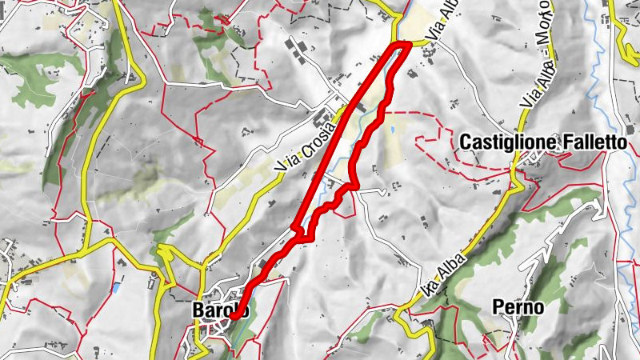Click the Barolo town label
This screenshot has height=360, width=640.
pos(221,310)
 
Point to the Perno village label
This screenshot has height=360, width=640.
pos(518,307)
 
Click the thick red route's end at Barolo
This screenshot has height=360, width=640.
pos(233,317)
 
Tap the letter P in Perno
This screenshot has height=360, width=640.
pos(498,307)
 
